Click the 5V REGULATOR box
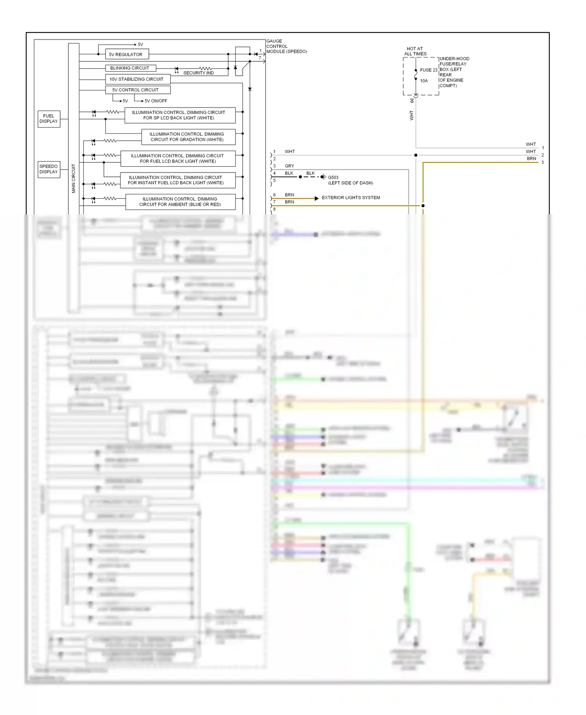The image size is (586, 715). tap(127, 54)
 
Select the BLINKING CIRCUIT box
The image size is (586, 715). tap(130, 68)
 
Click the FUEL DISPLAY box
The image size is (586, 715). tap(49, 119)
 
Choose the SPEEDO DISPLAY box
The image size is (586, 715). tap(49, 169)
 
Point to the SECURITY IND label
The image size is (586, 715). tap(198, 73)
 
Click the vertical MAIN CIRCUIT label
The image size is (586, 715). tap(73, 178)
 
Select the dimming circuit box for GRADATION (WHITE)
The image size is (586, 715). tap(188, 137)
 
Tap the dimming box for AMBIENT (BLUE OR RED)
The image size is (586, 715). tap(180, 202)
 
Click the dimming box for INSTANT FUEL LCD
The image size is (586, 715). tap(177, 180)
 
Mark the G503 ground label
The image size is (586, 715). tap(333, 177)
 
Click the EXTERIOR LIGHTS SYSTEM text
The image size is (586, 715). tap(350, 198)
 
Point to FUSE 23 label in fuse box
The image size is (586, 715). tap(429, 70)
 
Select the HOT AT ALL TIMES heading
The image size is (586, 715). tap(415, 51)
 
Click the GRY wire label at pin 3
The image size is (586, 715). tap(289, 166)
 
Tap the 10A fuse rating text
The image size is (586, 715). tap(424, 81)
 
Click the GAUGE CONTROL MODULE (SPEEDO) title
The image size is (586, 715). tap(286, 46)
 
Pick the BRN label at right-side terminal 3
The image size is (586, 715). tap(531, 158)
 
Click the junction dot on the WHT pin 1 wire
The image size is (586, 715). tap(416, 155)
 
